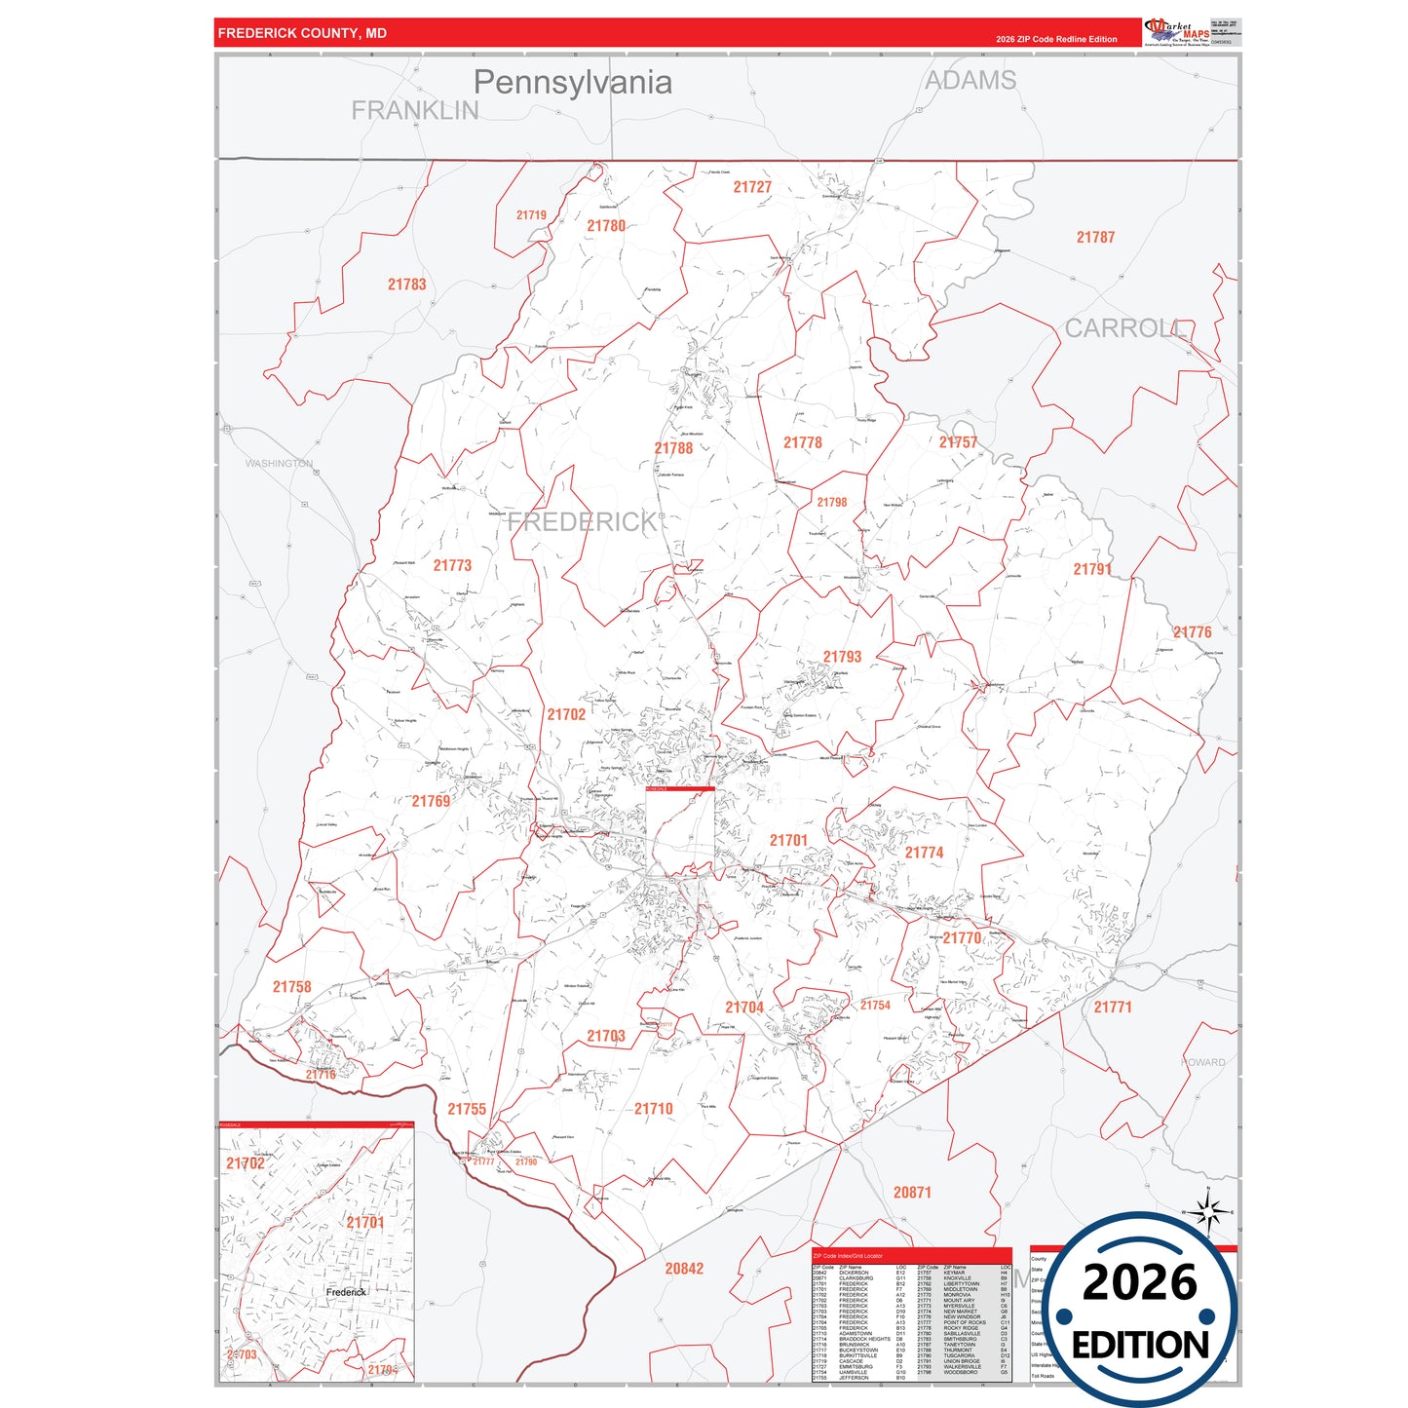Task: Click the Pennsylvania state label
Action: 572,83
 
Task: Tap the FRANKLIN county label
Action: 415,111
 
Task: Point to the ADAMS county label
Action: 970,81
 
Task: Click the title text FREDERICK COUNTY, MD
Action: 302,33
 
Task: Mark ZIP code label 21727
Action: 752,187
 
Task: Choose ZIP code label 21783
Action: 406,285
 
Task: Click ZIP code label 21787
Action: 1095,238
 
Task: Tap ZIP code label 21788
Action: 673,448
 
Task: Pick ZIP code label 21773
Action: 452,565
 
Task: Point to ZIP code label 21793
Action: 842,657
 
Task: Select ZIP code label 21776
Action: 1192,632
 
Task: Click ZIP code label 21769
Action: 431,801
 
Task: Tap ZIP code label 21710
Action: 653,1109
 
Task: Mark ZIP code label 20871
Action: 912,1193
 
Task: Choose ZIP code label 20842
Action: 684,1269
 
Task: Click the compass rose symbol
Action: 1208,1212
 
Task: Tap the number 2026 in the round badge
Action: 1140,1282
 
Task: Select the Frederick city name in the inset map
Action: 346,1292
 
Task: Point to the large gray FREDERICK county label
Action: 582,522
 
